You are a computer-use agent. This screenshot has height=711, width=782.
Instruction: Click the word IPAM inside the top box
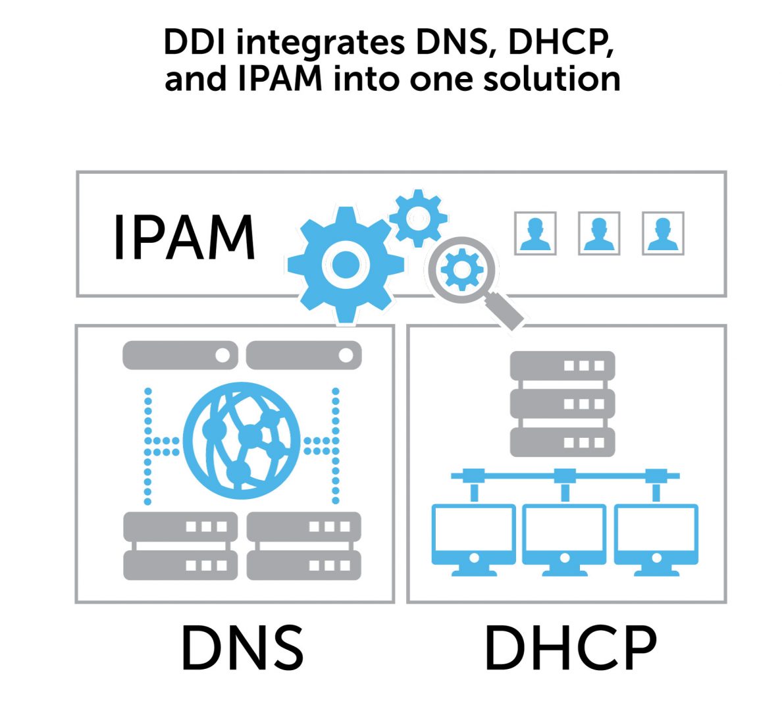pos(184,238)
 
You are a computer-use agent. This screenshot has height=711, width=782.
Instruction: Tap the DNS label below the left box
pos(242,648)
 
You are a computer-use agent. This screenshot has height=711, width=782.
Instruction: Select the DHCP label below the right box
pos(571,648)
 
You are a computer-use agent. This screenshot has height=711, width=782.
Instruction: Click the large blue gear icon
pos(346,265)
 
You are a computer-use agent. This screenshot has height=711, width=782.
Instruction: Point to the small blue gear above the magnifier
pos(418,218)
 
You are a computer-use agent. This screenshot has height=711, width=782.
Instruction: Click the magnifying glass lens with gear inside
pos(461,270)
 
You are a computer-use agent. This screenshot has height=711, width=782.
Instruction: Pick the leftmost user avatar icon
pos(535,234)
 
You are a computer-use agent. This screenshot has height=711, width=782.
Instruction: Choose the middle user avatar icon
pos(599,234)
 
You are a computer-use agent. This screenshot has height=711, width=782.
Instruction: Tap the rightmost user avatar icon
pos(663,234)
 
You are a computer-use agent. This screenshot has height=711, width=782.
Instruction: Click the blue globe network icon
pos(242,440)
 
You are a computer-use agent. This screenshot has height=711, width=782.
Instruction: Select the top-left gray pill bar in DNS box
pos(180,355)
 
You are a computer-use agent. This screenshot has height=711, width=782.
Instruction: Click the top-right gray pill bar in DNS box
pos(303,355)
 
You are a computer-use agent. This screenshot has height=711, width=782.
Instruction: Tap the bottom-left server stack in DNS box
pos(180,546)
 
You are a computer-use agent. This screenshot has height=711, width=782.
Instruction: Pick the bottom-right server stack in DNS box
pos(303,546)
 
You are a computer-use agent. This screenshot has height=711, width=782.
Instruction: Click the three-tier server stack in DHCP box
pos(563,404)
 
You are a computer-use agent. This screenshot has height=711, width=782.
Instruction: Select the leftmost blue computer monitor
pos(474,540)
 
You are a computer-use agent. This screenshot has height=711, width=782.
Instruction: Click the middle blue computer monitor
pos(565,540)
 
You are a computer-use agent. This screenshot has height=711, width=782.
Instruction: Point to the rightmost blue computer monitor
pos(656,540)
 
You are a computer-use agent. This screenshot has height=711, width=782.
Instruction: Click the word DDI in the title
pos(194,42)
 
